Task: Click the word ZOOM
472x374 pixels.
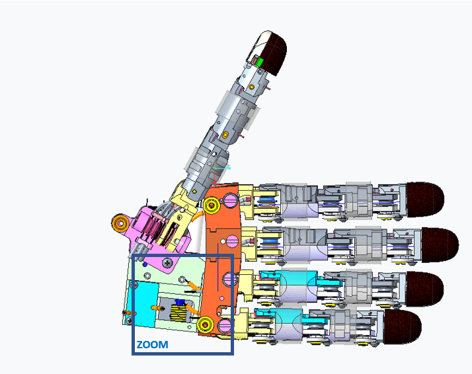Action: click(x=152, y=344)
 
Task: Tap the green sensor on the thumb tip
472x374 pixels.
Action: click(x=260, y=61)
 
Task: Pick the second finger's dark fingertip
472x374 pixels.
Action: click(x=438, y=243)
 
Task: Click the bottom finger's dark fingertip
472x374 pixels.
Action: click(x=401, y=326)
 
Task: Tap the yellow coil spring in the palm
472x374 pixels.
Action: click(x=178, y=311)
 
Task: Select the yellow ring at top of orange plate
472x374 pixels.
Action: click(x=212, y=205)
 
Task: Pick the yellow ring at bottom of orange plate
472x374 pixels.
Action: click(x=204, y=324)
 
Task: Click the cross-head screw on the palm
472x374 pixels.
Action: click(x=169, y=262)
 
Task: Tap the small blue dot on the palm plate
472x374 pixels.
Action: click(x=145, y=265)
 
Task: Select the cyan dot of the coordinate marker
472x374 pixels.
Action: click(x=229, y=168)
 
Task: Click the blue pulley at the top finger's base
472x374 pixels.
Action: click(x=267, y=200)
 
